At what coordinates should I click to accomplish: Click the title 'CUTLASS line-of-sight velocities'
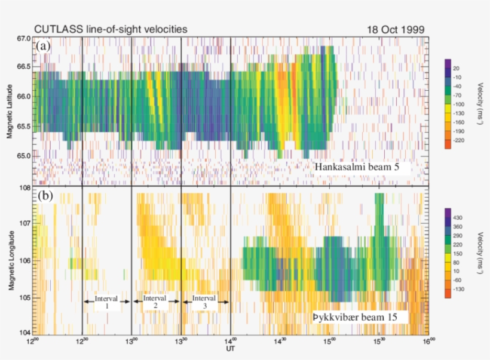(x=111, y=28)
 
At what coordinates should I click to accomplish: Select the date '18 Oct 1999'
(x=394, y=28)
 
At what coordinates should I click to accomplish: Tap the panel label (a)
(x=43, y=46)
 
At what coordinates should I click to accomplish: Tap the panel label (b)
(x=43, y=195)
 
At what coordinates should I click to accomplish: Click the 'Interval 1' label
(x=106, y=301)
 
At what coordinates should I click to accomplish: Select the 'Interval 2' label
(x=155, y=301)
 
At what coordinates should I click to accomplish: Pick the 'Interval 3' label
(x=205, y=301)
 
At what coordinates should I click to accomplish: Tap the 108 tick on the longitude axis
(x=25, y=187)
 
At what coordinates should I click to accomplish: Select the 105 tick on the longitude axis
(x=25, y=297)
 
